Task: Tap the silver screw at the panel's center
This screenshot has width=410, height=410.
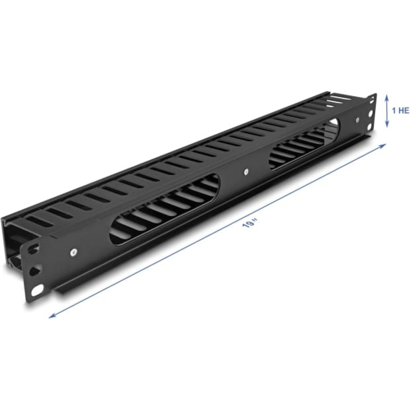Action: (246, 172)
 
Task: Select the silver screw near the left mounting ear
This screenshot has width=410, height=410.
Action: (73, 252)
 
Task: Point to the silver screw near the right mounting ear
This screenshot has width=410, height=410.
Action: (357, 120)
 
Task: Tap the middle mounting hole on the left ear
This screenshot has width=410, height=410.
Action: (35, 270)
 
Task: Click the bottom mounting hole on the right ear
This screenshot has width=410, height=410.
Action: (370, 127)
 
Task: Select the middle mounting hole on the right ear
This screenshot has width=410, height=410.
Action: (371, 114)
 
